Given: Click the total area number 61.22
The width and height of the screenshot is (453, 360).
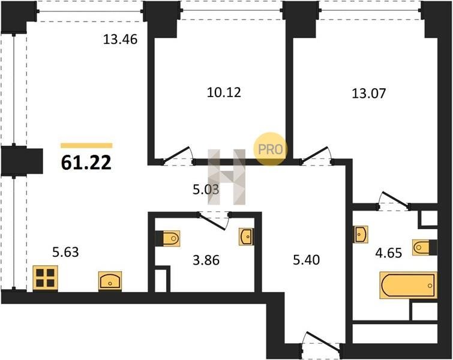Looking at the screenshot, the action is click(x=86, y=163).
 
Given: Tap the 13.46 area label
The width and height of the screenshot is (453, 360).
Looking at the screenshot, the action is click(x=120, y=40).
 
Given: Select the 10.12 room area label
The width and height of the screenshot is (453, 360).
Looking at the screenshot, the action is click(x=224, y=92).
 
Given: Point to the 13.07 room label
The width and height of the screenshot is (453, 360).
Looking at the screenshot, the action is click(x=368, y=94).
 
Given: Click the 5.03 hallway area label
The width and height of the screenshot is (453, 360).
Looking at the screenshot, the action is click(x=206, y=190).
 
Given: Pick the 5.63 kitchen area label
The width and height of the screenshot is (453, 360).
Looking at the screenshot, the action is click(x=65, y=252).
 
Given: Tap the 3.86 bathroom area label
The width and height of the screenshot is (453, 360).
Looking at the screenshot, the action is click(x=206, y=260).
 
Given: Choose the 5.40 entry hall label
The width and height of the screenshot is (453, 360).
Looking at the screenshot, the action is click(x=306, y=260).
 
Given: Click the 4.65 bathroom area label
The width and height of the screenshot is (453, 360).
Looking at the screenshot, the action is click(x=389, y=253).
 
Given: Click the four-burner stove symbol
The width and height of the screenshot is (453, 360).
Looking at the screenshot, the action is click(x=46, y=278).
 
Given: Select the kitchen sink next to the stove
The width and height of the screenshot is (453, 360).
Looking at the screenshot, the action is click(x=110, y=281).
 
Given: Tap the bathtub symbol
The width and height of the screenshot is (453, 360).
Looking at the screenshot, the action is click(x=408, y=285).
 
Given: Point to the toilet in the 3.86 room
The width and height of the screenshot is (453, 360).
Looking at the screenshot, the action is click(x=169, y=239).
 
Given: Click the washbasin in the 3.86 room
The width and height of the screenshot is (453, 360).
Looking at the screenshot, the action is click(x=247, y=237).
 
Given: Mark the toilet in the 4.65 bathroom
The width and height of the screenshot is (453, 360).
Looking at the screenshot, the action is click(x=424, y=247).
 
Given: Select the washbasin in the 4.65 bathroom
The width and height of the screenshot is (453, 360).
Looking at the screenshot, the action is click(x=361, y=234).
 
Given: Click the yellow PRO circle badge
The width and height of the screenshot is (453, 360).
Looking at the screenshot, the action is click(x=271, y=149).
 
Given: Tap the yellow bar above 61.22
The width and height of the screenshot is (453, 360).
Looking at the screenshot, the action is click(x=86, y=146).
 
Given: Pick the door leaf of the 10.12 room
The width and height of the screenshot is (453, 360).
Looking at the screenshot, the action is click(x=177, y=154).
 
